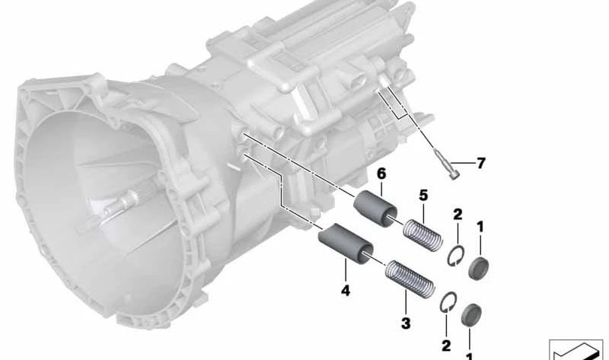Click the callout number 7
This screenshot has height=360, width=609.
[x=481, y=164]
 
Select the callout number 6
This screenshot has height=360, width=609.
[x=381, y=174]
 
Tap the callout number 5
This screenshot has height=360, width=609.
[x=423, y=196]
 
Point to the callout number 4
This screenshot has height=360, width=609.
[x=346, y=291]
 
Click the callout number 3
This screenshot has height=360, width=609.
[x=406, y=323]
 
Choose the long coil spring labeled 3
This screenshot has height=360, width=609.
[x=410, y=278]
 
